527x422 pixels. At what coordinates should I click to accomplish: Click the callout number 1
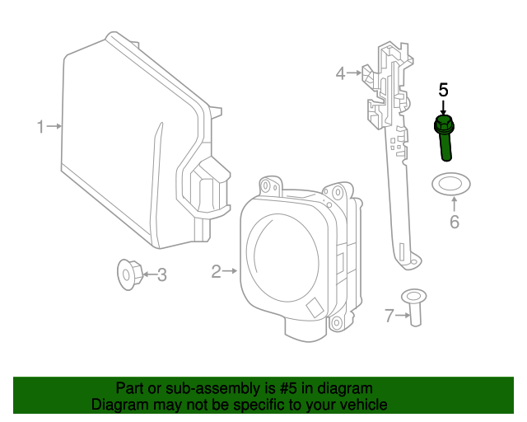click(x=40, y=127)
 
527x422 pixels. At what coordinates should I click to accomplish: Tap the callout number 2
click(x=216, y=271)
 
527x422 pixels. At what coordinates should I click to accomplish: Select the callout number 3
click(x=162, y=274)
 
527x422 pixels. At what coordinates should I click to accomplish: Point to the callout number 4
click(x=340, y=73)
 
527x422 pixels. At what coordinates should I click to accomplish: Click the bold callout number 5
click(x=443, y=90)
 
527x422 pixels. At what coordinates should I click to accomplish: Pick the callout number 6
click(x=454, y=222)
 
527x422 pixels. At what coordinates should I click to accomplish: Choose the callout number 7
click(x=389, y=314)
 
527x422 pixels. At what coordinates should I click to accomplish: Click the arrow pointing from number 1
click(x=54, y=126)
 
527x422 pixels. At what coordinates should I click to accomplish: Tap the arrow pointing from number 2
click(x=231, y=270)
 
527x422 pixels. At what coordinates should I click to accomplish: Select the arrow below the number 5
click(x=443, y=108)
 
